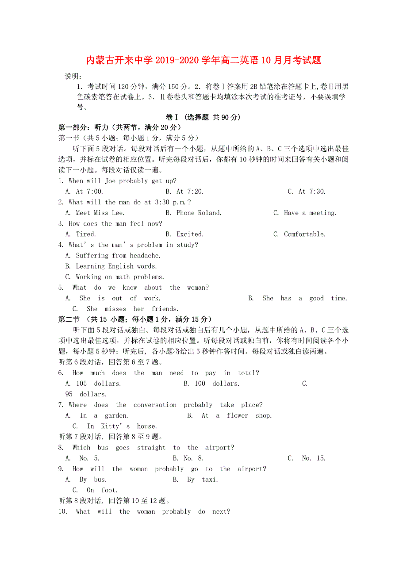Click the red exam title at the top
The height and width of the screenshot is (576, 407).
click(x=203, y=60)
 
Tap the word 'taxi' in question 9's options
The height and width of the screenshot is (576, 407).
click(x=209, y=480)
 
